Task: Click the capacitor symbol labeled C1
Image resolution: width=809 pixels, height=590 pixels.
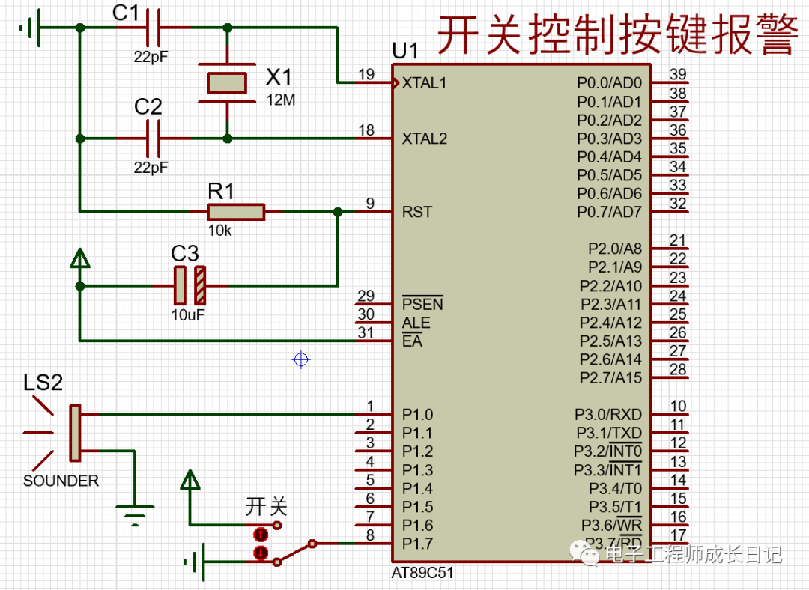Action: click(x=154, y=28)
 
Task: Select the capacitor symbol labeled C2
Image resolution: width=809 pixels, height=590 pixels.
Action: click(x=154, y=139)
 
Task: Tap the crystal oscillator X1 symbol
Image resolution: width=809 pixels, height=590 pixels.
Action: click(x=226, y=82)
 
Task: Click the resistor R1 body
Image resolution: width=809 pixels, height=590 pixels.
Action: click(x=236, y=212)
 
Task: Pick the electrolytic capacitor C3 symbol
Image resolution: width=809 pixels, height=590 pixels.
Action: click(x=190, y=285)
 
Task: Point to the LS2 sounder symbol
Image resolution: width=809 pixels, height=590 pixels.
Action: click(x=73, y=433)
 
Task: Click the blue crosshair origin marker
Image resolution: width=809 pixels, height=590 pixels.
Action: click(x=301, y=360)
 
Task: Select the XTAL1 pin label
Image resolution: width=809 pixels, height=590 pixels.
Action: click(x=424, y=83)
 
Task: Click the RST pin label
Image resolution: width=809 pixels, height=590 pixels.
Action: click(x=416, y=212)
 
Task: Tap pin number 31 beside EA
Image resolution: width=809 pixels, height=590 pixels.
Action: click(x=366, y=333)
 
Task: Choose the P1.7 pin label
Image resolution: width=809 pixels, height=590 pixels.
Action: click(x=417, y=544)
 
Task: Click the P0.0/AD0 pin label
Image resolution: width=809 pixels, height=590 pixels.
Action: click(x=609, y=82)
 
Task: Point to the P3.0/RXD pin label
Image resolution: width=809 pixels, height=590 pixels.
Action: click(x=608, y=414)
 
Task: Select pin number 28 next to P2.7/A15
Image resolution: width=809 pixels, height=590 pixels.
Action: click(x=677, y=369)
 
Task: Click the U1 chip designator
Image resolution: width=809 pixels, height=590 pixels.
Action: click(x=405, y=52)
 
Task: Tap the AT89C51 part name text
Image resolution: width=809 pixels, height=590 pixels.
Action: click(x=422, y=573)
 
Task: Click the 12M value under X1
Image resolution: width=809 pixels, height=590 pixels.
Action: click(x=281, y=100)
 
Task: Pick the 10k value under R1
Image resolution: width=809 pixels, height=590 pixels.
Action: click(x=219, y=231)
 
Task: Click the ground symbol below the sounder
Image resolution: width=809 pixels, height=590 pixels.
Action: click(x=135, y=514)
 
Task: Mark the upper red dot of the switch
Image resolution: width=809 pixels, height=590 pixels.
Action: click(x=260, y=534)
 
